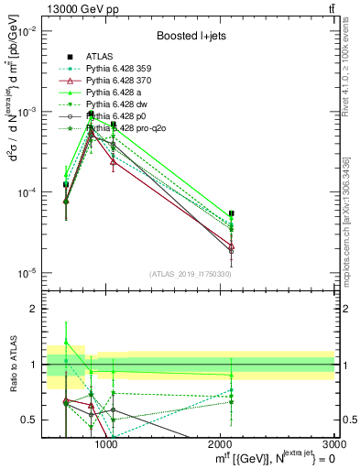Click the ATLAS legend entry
(100, 57)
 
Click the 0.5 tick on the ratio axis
(34, 420)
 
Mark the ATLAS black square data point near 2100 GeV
(232, 213)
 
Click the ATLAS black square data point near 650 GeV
(66, 184)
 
